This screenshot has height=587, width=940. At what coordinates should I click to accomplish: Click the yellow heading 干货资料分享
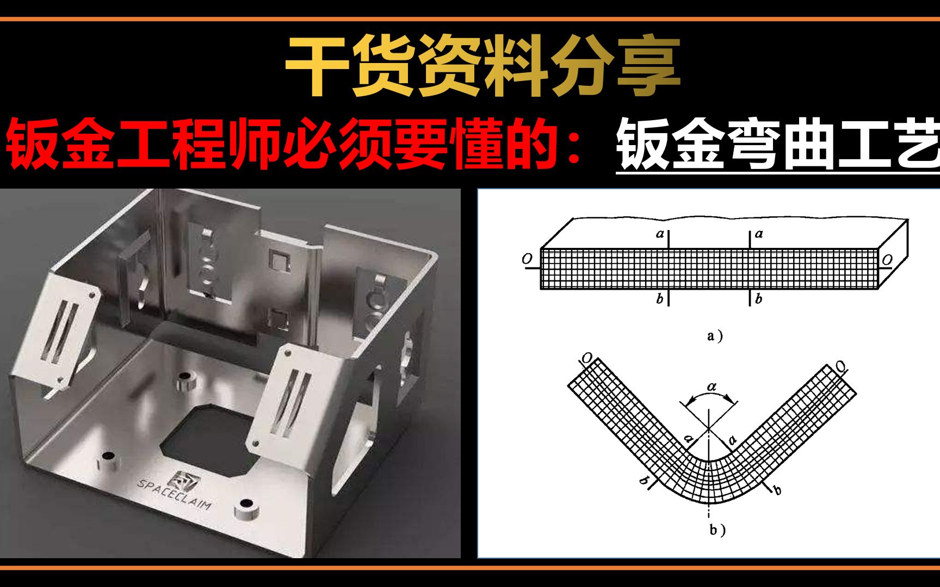483,66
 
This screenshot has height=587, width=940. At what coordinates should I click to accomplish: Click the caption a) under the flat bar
714,336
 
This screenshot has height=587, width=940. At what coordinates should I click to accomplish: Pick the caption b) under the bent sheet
716,530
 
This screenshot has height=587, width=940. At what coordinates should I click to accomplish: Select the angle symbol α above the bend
712,386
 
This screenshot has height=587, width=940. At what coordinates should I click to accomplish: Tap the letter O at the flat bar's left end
527,259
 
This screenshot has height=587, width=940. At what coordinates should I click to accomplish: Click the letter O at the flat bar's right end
887,260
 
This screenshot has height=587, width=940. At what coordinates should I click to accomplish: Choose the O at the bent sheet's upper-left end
587,358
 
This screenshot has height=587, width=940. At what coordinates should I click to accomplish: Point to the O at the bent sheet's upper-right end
840,366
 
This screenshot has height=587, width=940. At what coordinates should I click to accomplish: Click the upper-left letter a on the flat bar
660,234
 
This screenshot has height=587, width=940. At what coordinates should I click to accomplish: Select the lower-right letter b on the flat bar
758,298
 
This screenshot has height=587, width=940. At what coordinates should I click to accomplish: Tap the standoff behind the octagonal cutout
185,380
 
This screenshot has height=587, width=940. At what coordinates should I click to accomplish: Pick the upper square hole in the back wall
279,262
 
